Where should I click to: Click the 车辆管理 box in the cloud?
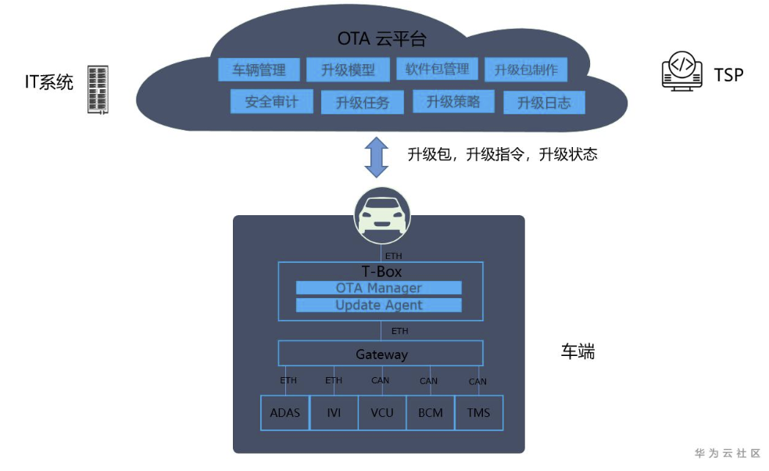pyautogui.click(x=259, y=70)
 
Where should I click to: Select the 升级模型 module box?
pyautogui.click(x=349, y=70)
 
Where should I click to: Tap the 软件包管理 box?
pyautogui.click(x=437, y=69)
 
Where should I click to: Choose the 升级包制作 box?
pyautogui.click(x=526, y=70)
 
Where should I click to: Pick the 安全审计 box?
pyautogui.click(x=272, y=102)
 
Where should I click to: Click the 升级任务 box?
pyautogui.click(x=363, y=102)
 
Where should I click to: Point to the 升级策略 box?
pyautogui.click(x=453, y=101)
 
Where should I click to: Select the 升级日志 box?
pyautogui.click(x=545, y=102)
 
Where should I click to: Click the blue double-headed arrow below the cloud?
pyautogui.click(x=377, y=157)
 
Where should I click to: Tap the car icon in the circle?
pyautogui.click(x=382, y=215)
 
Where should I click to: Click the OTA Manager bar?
pyautogui.click(x=378, y=288)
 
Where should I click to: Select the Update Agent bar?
pyautogui.click(x=378, y=305)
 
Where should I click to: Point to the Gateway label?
pyautogui.click(x=381, y=354)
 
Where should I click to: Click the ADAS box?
pyautogui.click(x=285, y=412)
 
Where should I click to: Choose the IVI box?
pyautogui.click(x=334, y=412)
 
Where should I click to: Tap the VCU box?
pyautogui.click(x=382, y=412)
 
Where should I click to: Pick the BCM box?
pyautogui.click(x=430, y=412)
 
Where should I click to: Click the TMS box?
pyautogui.click(x=478, y=412)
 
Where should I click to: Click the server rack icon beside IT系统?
pyautogui.click(x=98, y=89)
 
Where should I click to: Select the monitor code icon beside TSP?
pyautogui.click(x=681, y=71)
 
